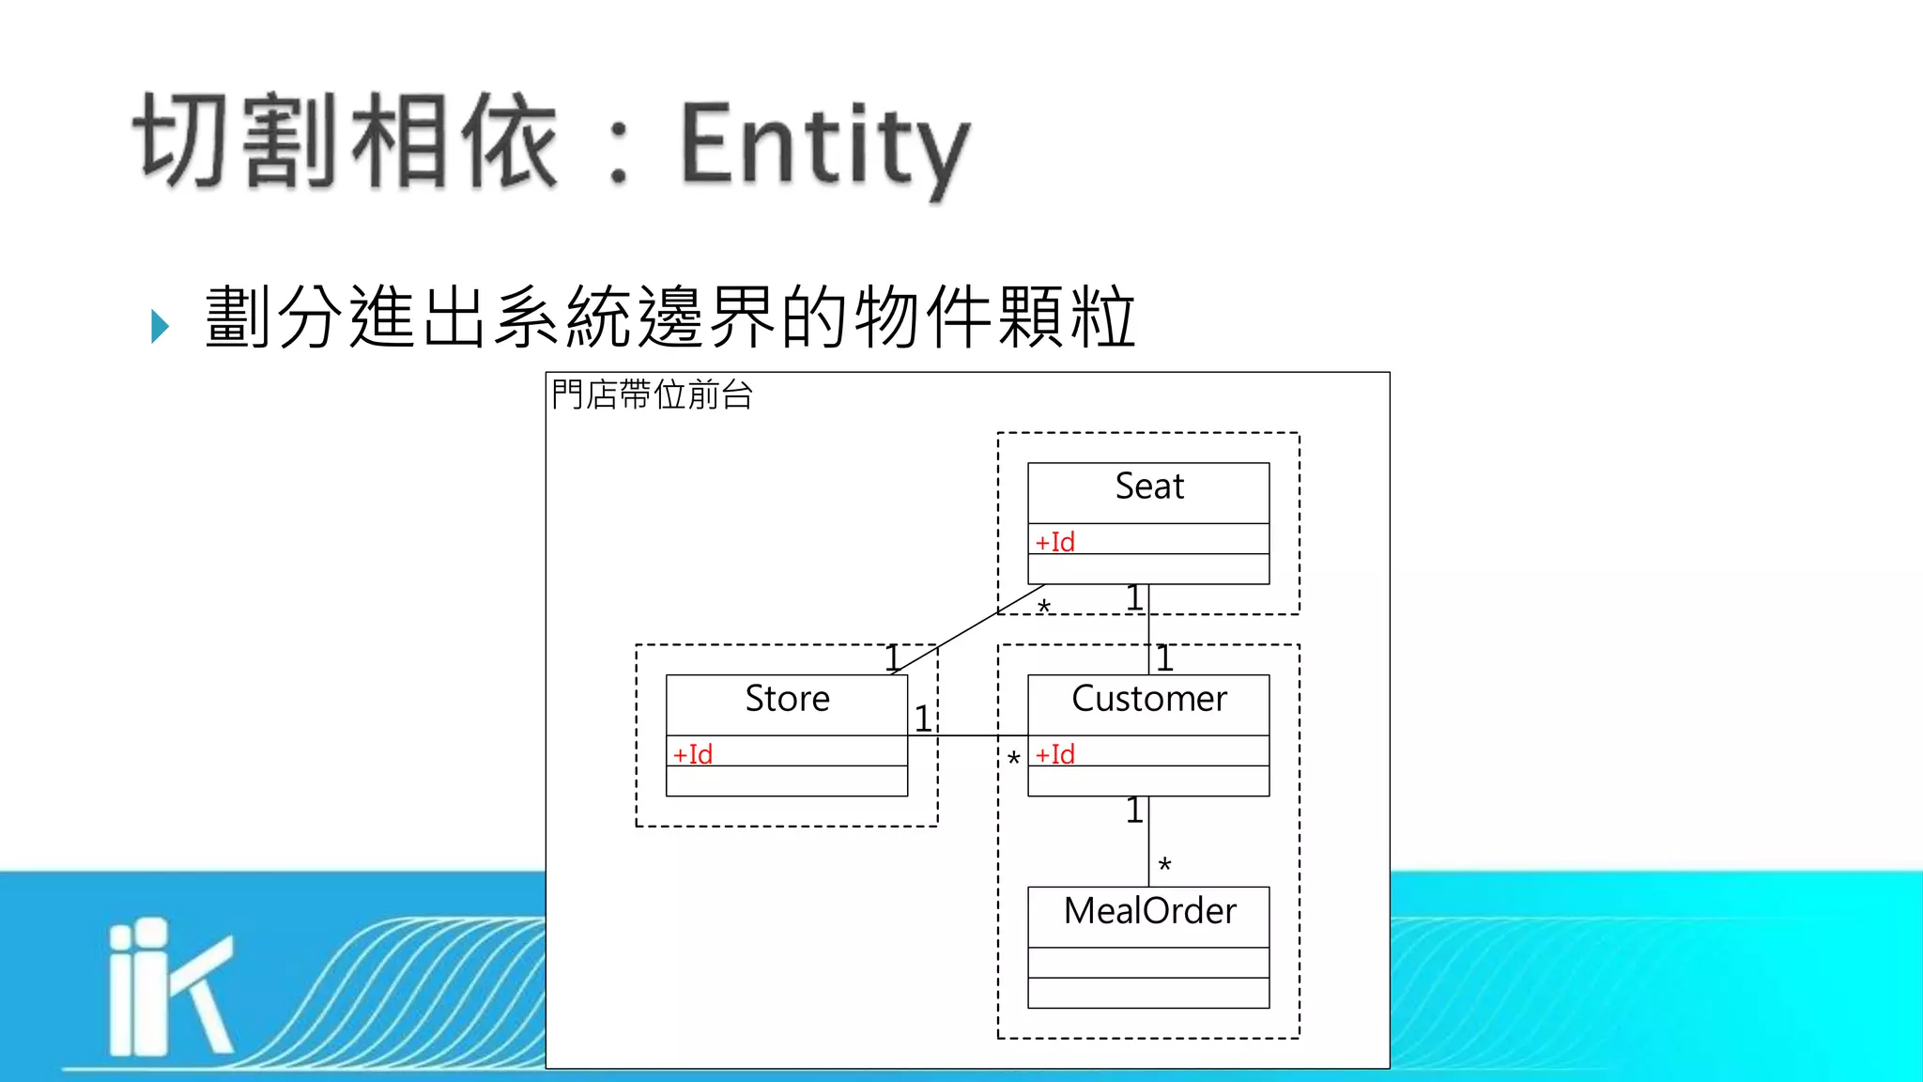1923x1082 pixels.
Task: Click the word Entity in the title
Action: point(824,146)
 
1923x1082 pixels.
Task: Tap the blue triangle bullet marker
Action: point(160,326)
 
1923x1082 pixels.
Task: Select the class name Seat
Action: point(1149,487)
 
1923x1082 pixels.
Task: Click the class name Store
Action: point(787,699)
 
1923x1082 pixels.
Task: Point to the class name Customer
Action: point(1149,699)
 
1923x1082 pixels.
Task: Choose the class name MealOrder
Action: point(1149,911)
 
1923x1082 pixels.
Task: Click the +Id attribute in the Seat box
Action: point(1054,542)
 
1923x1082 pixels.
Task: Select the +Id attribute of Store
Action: point(693,754)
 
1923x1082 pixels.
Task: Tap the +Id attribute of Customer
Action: point(1054,754)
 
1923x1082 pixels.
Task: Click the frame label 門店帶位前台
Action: point(652,395)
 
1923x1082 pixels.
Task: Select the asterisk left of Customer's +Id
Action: point(1013,759)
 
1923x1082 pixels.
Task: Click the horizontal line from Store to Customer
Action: point(967,735)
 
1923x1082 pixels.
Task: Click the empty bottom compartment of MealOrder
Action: point(1148,993)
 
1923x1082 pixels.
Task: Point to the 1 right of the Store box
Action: point(923,719)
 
